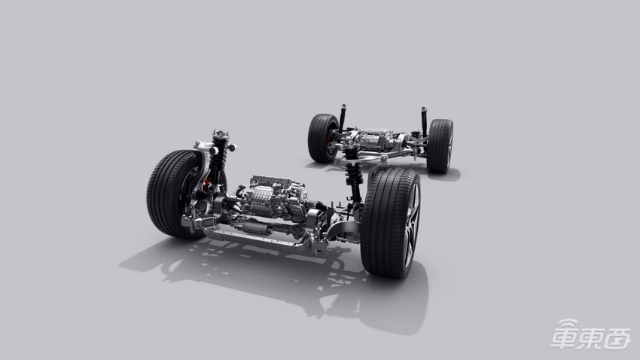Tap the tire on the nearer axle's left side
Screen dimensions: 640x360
pyautogui.click(x=172, y=194)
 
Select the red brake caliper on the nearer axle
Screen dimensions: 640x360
pyautogui.click(x=207, y=184)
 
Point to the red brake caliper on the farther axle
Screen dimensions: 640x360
pyautogui.click(x=328, y=138)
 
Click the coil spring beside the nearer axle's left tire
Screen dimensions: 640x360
pyautogui.click(x=219, y=154)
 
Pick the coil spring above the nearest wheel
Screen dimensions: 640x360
pyautogui.click(x=352, y=165)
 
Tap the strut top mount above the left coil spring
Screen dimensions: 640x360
pyautogui.click(x=221, y=135)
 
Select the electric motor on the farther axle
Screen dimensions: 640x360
pyautogui.click(x=373, y=140)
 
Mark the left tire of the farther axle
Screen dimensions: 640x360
pyautogui.click(x=322, y=138)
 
